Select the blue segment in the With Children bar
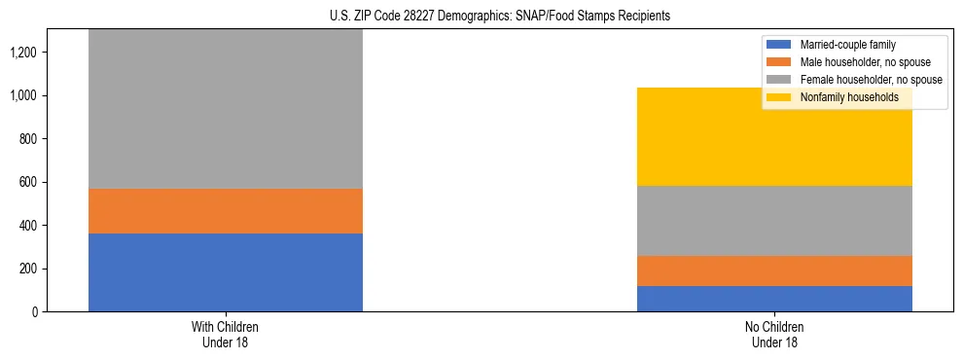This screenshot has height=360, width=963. coord(226,272)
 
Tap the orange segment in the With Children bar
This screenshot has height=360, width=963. coord(226,211)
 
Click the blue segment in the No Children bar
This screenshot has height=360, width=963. coord(774,299)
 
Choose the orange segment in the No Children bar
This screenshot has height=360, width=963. coord(774,270)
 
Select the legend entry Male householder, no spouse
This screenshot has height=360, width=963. coord(856,62)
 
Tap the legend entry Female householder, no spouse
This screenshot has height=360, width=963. coord(860,80)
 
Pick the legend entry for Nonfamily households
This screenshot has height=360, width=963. coord(841,97)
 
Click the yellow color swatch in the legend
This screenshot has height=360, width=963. coord(779,97)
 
